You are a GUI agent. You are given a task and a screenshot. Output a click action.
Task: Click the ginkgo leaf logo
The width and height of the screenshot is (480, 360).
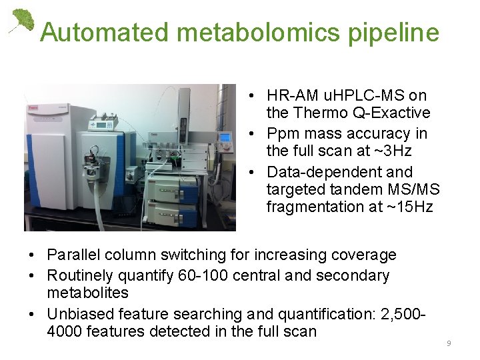(21, 21)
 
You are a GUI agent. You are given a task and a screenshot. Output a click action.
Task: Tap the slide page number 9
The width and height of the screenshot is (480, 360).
(449, 343)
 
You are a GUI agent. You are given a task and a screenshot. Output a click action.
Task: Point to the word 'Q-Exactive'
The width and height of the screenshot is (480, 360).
(393, 113)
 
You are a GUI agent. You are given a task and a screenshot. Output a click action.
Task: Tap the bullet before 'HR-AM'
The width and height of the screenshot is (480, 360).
(247, 96)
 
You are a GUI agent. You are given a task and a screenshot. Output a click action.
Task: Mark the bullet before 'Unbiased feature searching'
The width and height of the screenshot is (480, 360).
(33, 313)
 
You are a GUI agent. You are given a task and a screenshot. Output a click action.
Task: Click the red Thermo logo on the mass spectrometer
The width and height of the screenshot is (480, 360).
(31, 105)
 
